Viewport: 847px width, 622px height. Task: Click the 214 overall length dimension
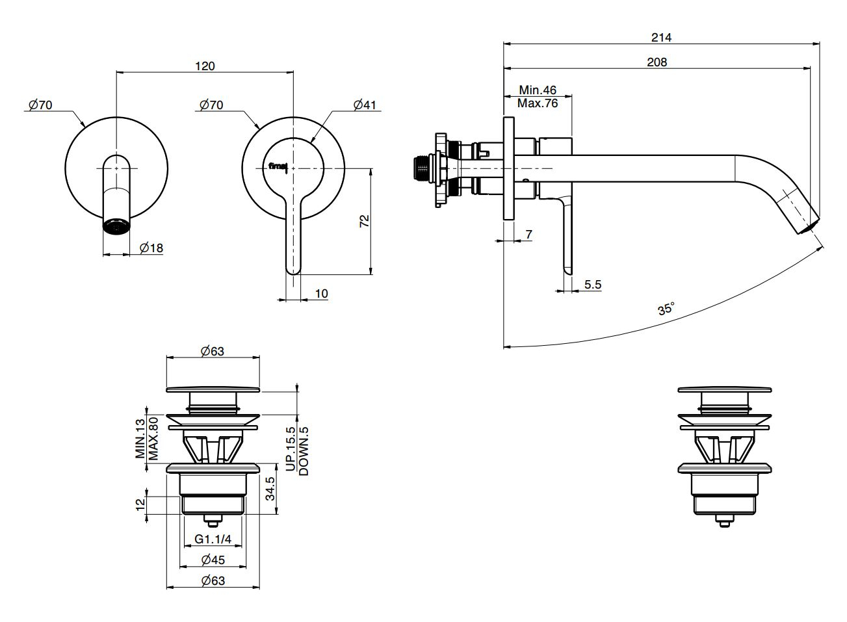coord(661,37)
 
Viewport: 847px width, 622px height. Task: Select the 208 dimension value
coord(657,62)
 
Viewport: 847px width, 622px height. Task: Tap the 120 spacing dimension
coord(205,66)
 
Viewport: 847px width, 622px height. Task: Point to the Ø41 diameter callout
coord(365,104)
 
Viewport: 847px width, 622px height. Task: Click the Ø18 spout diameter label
coord(151,248)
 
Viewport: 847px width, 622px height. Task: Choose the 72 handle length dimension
coord(365,221)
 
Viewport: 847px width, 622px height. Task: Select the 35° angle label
coord(666,308)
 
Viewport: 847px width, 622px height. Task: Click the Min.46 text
coord(537,90)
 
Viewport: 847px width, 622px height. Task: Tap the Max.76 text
coord(538,103)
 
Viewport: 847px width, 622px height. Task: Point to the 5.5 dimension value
coord(593,284)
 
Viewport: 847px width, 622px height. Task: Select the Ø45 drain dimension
coord(213,560)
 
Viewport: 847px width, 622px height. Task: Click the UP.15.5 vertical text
coord(291,449)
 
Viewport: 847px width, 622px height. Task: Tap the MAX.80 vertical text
coord(153,438)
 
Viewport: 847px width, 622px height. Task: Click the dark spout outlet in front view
coord(116,226)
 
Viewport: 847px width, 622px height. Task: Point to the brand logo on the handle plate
coord(278,166)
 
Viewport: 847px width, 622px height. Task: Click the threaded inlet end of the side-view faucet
coord(423,167)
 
